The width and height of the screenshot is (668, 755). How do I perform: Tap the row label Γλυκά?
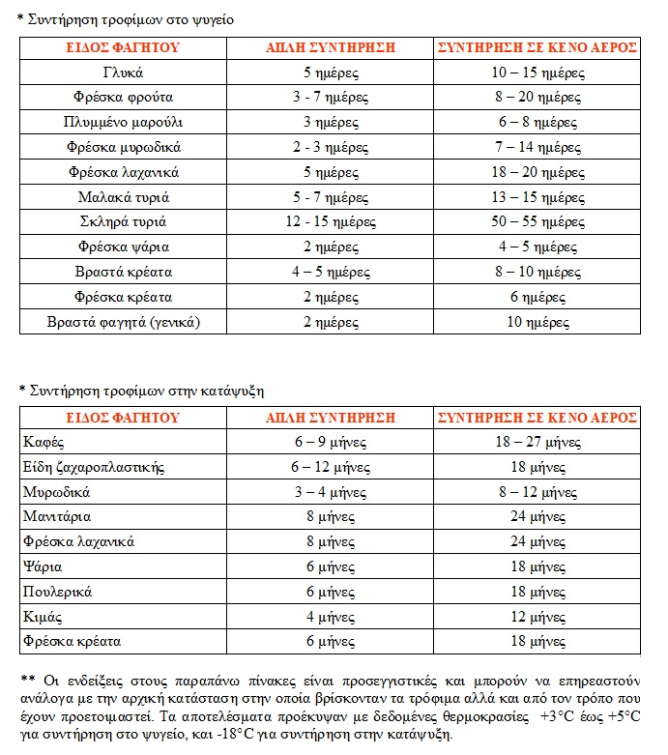(x=122, y=73)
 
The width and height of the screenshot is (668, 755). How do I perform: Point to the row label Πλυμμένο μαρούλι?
(x=122, y=123)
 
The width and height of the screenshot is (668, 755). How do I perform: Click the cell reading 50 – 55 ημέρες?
(x=537, y=221)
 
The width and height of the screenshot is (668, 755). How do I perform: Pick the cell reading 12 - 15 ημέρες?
(x=331, y=221)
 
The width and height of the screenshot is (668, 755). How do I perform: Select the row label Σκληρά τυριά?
(x=122, y=221)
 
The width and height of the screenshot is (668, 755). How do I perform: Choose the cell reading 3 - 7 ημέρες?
(x=331, y=98)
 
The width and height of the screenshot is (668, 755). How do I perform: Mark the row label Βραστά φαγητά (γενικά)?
(x=122, y=321)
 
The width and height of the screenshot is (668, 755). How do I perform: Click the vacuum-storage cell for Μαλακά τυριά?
(x=537, y=197)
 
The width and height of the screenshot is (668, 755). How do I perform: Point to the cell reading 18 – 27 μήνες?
(x=537, y=442)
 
